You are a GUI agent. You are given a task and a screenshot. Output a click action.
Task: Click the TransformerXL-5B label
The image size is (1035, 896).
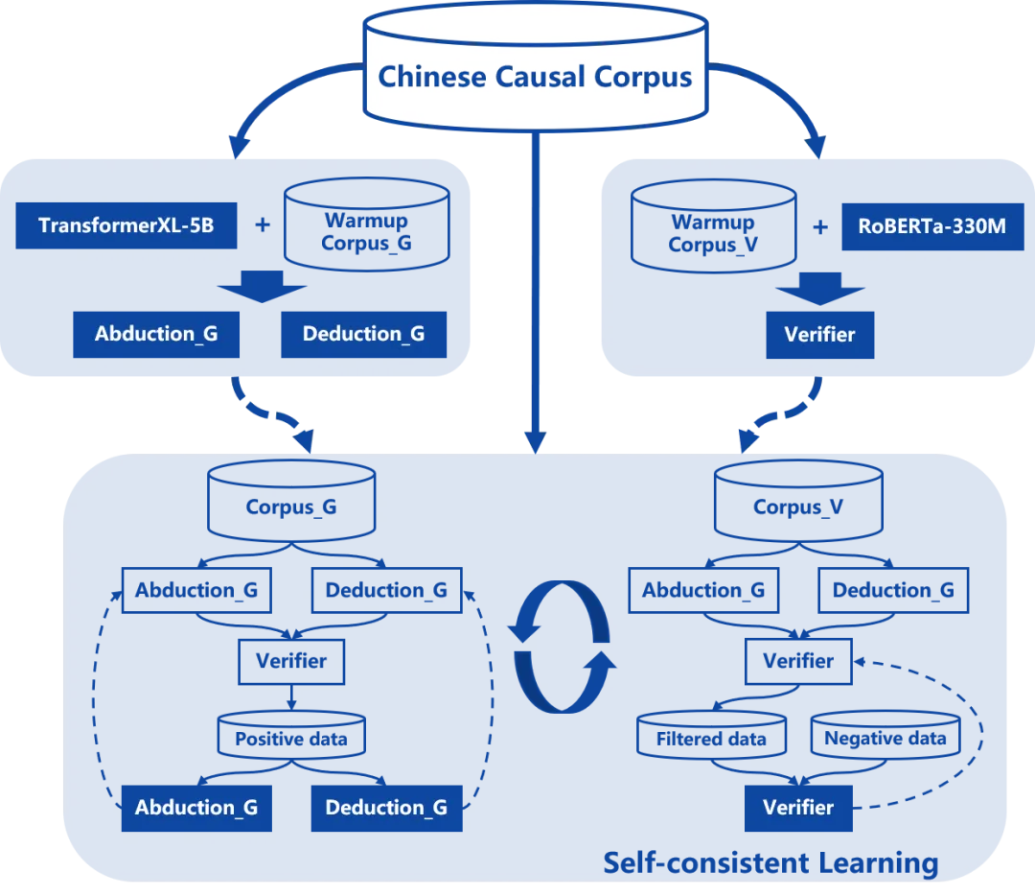pos(126,226)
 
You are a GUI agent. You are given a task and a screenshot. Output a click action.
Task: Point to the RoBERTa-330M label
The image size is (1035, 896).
pos(931,227)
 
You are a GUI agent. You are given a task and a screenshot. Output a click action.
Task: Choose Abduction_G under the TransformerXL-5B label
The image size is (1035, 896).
pos(156,334)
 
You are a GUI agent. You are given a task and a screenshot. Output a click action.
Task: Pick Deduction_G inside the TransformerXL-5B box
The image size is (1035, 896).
pos(363,334)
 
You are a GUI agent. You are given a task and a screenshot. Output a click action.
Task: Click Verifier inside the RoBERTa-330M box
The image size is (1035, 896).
pos(819,334)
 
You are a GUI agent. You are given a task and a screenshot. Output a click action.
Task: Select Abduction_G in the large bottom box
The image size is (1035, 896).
pos(196,808)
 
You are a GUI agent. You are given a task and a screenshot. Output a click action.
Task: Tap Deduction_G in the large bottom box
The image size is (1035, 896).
pos(386,808)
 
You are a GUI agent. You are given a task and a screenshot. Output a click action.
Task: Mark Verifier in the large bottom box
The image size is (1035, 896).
pos(798,808)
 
